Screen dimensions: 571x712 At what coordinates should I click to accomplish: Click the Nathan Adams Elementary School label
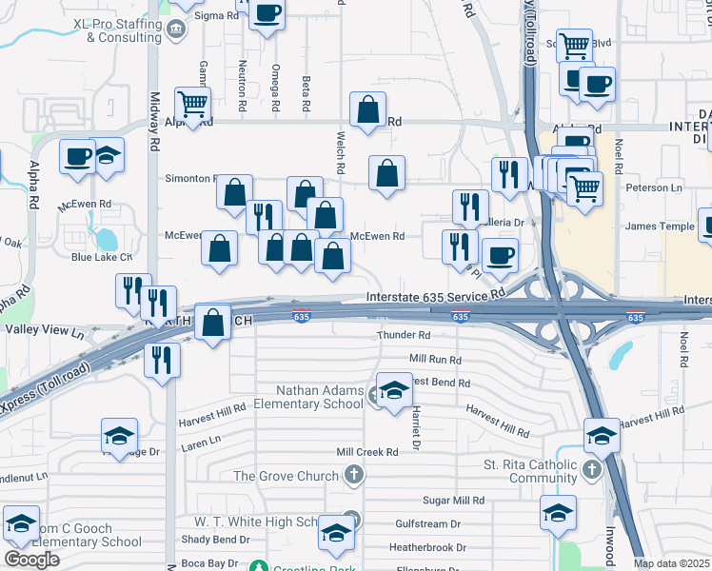coord(320,397)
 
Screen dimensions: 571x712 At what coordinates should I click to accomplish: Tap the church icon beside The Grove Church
coord(354,475)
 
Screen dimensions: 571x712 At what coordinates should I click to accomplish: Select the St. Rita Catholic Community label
coord(530,471)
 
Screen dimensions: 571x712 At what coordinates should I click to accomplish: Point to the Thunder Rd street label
coord(404,336)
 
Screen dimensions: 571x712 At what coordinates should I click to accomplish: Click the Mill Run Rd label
coord(435,360)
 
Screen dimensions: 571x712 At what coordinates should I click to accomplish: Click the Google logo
coord(31,560)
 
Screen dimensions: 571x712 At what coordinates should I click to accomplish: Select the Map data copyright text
coord(672,563)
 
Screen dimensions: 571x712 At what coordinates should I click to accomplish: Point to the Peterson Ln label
coord(654,188)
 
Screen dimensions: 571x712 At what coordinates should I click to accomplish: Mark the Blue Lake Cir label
coord(101,257)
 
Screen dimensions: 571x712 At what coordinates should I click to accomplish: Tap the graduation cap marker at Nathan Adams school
coord(393,391)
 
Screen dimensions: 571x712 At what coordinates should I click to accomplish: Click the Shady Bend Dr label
coord(214,539)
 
